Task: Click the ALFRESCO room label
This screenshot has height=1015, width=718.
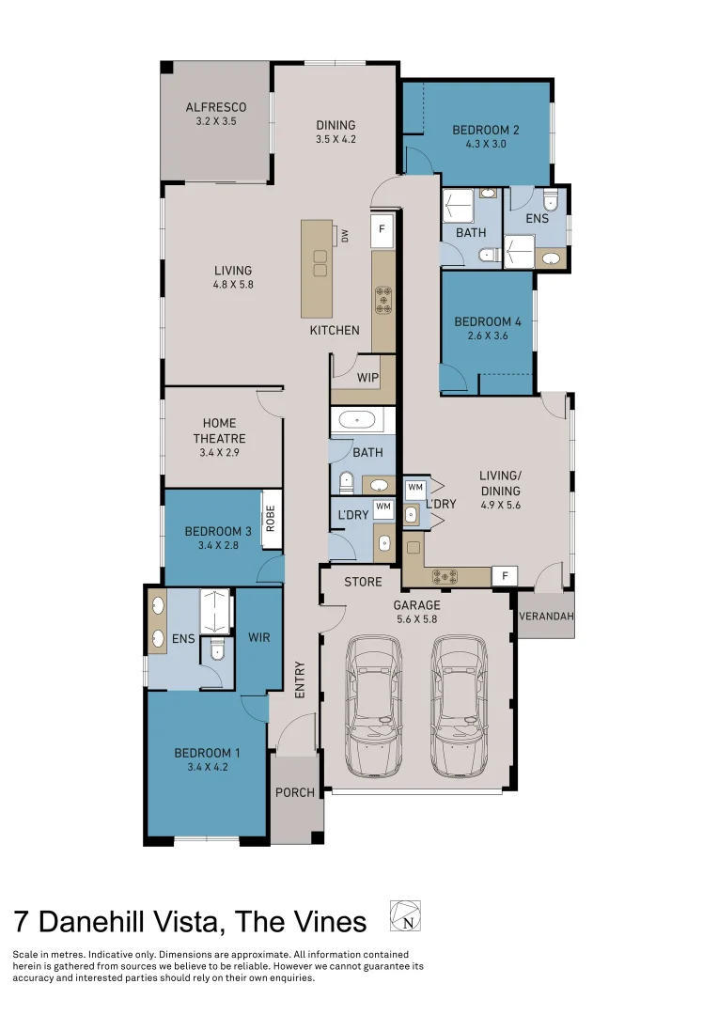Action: [215, 107]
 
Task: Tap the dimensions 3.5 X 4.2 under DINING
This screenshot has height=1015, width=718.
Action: [336, 139]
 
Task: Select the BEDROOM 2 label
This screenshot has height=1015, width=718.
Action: [485, 131]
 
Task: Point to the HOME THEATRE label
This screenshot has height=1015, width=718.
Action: [220, 430]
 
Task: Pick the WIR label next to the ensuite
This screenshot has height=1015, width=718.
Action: [258, 637]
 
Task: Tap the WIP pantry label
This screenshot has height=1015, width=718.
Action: [368, 377]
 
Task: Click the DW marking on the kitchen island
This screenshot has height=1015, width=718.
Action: [345, 235]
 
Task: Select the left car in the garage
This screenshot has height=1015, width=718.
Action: [373, 706]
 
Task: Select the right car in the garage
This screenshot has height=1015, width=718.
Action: [460, 706]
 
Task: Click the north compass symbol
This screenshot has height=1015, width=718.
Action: [405, 915]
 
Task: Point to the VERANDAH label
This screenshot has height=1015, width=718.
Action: [546, 617]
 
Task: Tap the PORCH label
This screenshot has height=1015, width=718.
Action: [294, 792]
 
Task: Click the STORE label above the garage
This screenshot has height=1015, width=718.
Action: [363, 583]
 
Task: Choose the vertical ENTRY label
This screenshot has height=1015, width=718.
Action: [300, 679]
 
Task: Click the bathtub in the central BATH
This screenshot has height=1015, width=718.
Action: [356, 421]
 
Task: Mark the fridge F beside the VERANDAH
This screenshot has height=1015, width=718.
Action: [505, 575]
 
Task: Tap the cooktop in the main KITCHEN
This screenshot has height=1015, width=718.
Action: [383, 298]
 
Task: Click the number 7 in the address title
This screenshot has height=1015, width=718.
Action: [22, 921]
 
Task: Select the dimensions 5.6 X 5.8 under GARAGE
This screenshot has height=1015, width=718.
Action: [416, 619]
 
